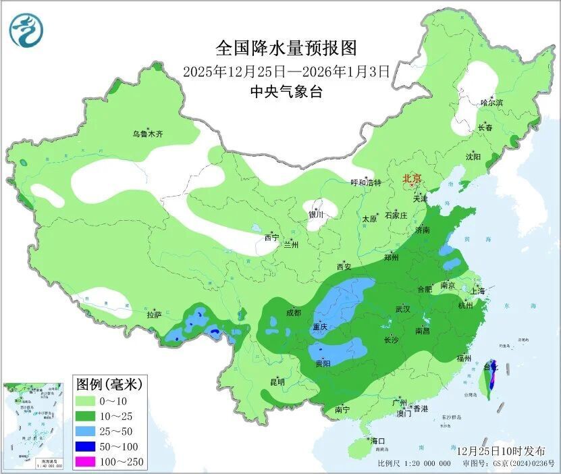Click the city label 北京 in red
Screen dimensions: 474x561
412,178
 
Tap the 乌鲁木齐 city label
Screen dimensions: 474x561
148,134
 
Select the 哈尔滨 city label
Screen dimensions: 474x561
491,103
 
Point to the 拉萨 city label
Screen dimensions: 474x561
155,315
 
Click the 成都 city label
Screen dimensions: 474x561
293,313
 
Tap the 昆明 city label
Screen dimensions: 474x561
277,382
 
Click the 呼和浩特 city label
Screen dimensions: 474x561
366,182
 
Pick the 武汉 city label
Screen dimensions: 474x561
403,309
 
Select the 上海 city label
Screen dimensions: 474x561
478,291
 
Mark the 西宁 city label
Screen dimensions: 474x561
271,237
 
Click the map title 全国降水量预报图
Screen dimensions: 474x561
286,48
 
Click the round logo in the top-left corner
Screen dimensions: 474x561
26,30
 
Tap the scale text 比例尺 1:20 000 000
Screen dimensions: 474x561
415,463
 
